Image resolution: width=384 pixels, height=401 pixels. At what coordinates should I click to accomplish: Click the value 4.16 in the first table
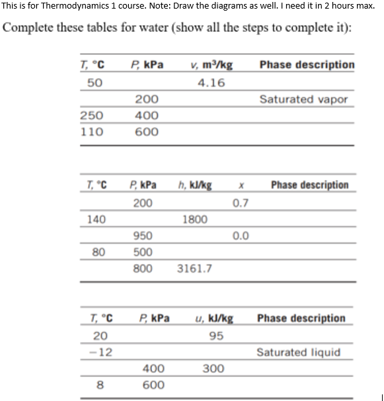click(211, 83)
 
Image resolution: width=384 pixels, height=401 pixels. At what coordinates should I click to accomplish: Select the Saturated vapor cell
click(303, 99)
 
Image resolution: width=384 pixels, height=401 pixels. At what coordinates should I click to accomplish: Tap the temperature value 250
click(91, 116)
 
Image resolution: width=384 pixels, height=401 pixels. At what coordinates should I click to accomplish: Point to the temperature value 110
click(91, 132)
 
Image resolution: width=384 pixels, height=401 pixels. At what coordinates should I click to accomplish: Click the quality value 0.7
click(241, 202)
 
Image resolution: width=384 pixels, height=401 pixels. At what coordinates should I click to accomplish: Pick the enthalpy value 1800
click(194, 219)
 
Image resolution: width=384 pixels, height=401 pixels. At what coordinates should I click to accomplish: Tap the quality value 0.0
click(241, 236)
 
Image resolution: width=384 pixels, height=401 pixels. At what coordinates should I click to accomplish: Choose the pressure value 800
click(143, 269)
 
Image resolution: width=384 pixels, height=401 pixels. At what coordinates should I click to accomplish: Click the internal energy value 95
click(215, 335)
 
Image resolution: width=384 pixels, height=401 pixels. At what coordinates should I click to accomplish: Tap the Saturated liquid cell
click(299, 352)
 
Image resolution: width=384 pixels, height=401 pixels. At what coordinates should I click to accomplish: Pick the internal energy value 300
click(213, 369)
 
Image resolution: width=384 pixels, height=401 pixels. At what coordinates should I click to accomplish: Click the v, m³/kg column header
click(210, 65)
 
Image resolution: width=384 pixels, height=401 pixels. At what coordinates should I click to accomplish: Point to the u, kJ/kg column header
click(215, 318)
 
